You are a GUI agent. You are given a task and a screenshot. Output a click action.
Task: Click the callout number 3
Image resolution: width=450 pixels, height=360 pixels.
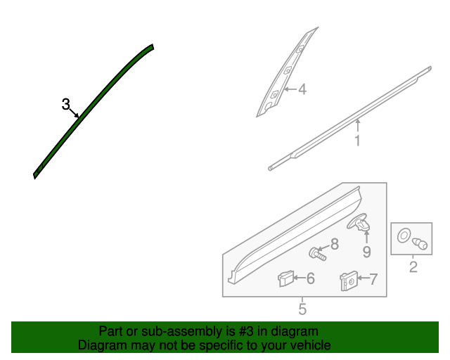[x=65, y=105]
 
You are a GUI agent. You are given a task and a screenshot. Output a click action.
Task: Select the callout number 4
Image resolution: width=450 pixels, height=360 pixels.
[x=302, y=90]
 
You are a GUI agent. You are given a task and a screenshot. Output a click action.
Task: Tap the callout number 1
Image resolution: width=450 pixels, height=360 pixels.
[x=357, y=141]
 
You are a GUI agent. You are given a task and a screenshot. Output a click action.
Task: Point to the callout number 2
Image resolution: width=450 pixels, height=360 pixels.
[x=413, y=266]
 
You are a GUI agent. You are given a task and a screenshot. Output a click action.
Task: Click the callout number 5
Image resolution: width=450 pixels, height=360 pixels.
[x=302, y=308]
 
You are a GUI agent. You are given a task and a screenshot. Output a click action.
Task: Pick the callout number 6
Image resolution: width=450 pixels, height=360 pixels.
[x=310, y=279]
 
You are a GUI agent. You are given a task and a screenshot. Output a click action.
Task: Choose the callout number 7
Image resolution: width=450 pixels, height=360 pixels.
[x=373, y=279]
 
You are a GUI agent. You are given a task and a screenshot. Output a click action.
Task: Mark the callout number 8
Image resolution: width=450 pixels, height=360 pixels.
[x=334, y=244]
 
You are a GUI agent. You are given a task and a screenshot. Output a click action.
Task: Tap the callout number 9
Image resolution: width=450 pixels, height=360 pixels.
[x=366, y=251]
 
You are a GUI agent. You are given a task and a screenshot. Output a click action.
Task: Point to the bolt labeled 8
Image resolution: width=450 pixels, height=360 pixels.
[x=316, y=252]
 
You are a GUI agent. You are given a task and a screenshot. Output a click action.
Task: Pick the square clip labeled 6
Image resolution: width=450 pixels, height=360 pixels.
[x=285, y=279]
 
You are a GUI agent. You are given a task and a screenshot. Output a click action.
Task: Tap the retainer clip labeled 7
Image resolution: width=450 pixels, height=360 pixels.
[x=348, y=281]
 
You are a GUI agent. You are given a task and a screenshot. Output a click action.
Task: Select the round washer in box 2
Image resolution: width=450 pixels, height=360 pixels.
[x=405, y=236]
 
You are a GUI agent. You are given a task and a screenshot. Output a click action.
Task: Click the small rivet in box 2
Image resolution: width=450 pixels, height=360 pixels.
[x=421, y=245]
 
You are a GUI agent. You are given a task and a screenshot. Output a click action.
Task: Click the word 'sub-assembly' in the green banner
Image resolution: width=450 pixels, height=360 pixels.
[x=163, y=331]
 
